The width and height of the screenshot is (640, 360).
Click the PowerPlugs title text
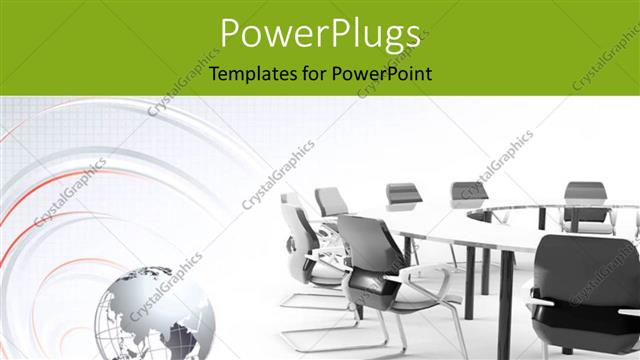320,35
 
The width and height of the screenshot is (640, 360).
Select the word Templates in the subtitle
248,73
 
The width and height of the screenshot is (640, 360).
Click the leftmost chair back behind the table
402,195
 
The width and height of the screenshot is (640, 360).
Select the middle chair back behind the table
468,192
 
